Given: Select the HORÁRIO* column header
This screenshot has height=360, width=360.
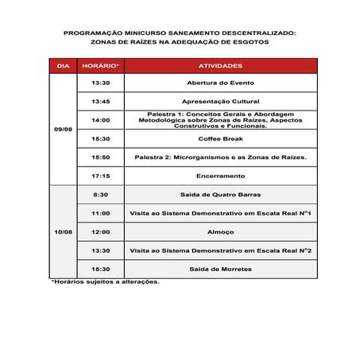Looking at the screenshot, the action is pos(101,65).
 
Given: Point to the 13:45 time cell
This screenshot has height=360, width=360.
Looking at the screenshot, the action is pos(101,101).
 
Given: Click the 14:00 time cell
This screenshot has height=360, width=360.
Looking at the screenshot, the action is pos(101,120).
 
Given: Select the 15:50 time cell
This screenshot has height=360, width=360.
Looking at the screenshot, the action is pos(101,157).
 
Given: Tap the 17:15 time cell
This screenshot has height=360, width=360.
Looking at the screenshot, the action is pos(101,176).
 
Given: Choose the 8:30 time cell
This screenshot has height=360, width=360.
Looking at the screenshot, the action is pos(101,194).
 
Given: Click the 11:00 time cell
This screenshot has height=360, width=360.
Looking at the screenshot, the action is pos(101,213).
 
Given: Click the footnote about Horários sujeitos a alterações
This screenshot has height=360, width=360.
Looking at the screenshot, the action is pos(105,281).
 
